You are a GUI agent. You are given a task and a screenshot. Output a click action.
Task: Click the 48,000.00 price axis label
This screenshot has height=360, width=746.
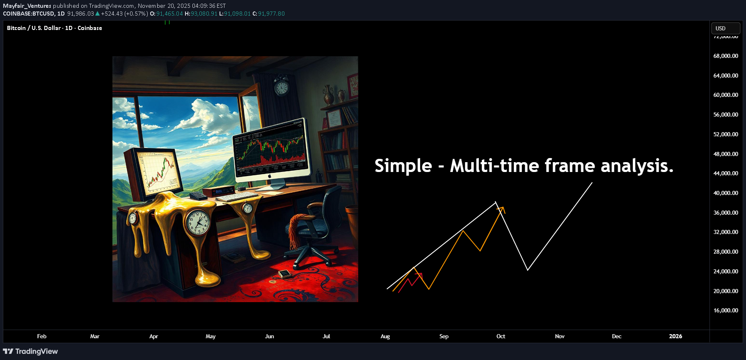tap(725, 154)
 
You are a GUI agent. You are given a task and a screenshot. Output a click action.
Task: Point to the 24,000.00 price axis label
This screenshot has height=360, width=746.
tap(725, 271)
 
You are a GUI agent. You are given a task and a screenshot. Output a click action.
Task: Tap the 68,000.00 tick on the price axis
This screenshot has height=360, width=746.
tap(725, 56)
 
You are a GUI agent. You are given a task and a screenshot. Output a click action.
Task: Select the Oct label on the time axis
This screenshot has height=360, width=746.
tap(501, 336)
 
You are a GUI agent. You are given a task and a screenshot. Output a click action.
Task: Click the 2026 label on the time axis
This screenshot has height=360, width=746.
tap(675, 336)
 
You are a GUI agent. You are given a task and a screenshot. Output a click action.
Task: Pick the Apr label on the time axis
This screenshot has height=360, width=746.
tap(153, 336)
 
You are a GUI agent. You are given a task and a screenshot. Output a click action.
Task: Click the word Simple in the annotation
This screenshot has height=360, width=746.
tap(403, 166)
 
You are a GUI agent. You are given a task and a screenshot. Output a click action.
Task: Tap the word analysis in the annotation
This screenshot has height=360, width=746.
tap(637, 166)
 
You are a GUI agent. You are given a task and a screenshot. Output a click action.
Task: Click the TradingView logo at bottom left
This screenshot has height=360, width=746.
tap(30, 351)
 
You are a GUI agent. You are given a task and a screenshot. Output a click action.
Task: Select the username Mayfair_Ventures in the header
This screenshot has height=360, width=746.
tap(27, 6)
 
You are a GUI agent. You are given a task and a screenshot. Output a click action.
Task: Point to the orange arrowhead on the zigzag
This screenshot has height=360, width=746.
tap(501, 210)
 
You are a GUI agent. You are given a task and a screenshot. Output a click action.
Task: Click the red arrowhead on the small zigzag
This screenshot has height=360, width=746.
tap(419, 276)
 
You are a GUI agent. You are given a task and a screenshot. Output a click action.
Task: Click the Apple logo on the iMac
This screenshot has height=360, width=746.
tap(270, 176)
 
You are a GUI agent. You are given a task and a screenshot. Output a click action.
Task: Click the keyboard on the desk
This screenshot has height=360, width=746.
tap(236, 197)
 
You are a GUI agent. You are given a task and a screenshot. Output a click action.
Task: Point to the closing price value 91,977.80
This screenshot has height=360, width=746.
tap(271, 14)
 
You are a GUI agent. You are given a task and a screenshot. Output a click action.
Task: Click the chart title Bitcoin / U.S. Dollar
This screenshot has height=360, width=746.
tap(34, 28)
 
